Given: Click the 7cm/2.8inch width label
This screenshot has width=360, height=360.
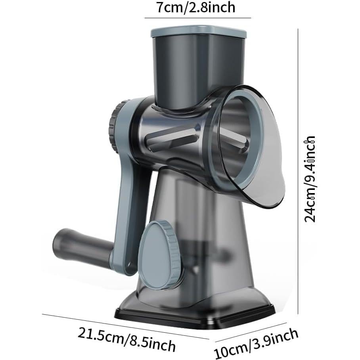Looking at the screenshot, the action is pyautogui.click(x=196, y=8).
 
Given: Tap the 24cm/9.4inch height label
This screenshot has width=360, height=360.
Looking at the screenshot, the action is pyautogui.click(x=310, y=179).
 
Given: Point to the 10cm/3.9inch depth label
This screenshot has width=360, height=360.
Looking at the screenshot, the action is pyautogui.click(x=256, y=343).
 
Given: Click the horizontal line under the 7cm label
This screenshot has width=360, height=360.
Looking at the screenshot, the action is pyautogui.click(x=198, y=18).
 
